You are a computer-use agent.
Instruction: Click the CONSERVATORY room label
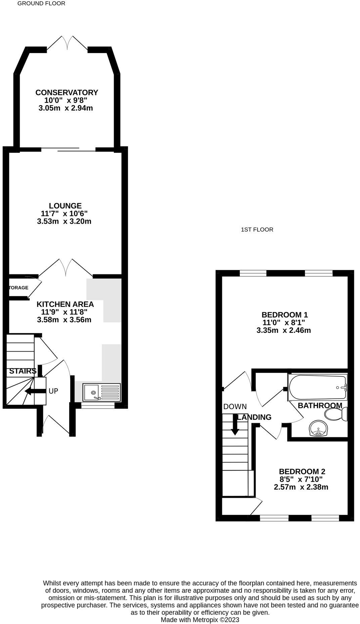tap(67, 92)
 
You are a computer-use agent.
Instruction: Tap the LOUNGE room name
tap(65, 206)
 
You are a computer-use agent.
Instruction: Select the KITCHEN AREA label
tap(65, 304)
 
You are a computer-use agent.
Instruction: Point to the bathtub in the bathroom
tap(317, 387)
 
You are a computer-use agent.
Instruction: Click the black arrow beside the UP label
tap(36, 391)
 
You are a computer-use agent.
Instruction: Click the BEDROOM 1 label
tap(284, 315)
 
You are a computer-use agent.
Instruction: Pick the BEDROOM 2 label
tap(302, 472)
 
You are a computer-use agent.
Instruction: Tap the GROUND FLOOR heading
tap(41, 3)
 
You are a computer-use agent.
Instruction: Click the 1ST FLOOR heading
tap(257, 230)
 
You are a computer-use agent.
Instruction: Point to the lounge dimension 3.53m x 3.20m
tap(64, 221)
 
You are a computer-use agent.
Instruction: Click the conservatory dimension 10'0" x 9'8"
tap(66, 100)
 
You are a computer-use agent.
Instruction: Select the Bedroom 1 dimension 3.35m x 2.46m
tap(283, 330)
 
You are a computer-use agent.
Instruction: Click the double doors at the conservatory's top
tap(67, 44)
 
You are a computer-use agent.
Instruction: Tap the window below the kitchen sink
tap(98, 406)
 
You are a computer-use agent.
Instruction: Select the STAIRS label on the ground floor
tap(23, 371)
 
